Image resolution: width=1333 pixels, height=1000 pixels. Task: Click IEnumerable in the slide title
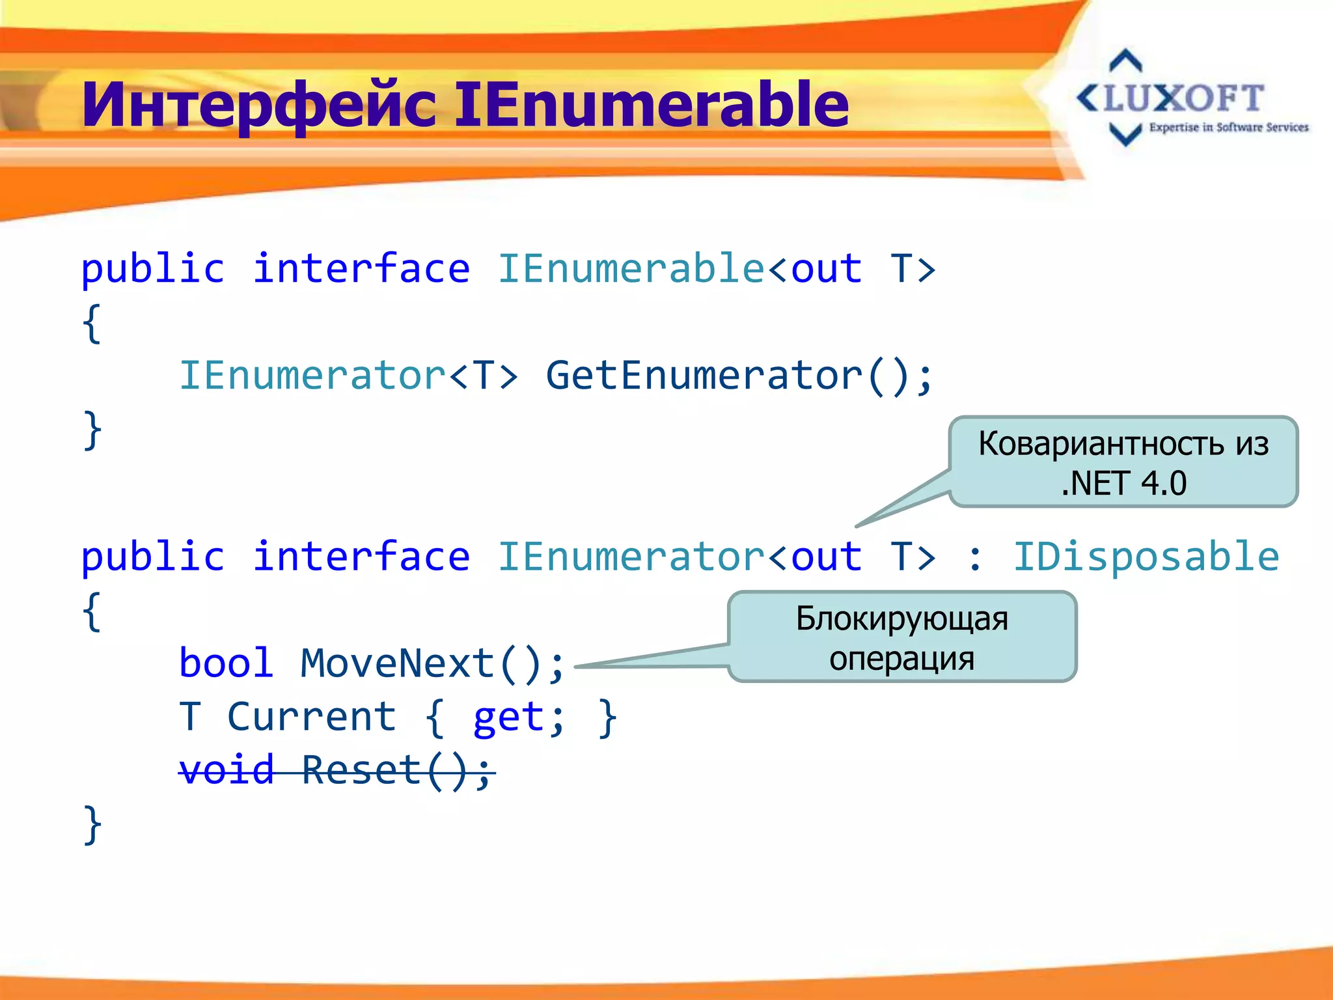coord(651,104)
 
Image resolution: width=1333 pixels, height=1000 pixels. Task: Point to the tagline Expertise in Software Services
coord(1228,128)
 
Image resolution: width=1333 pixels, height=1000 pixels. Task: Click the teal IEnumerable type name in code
coord(631,268)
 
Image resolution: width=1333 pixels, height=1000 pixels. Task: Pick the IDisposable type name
coord(1146,557)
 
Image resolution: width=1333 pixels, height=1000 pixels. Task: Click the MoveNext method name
coord(397,663)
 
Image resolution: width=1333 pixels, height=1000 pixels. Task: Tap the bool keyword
coord(226,663)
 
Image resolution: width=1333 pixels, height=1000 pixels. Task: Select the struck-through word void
coord(226,771)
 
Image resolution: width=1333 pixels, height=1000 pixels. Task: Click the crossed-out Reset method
coord(362,771)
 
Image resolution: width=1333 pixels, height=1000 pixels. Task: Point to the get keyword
coord(508,717)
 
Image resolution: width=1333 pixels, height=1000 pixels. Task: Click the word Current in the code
coord(312,717)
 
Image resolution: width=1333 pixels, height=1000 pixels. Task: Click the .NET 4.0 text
coord(1123,484)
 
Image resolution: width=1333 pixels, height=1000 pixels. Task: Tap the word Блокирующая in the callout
coord(901,618)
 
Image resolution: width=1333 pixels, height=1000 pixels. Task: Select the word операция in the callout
coord(901,658)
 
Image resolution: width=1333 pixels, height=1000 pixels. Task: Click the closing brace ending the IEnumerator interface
coord(92,825)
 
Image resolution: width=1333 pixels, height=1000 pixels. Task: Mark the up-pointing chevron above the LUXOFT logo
coord(1125,60)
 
